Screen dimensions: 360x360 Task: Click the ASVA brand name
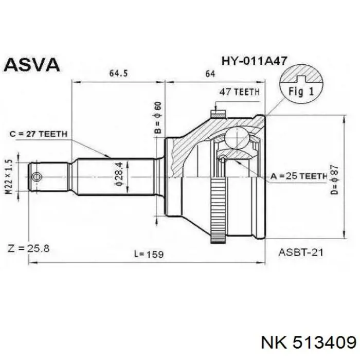click(33, 64)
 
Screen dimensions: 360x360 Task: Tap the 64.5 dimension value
click(118, 74)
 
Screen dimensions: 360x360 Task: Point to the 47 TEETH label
click(239, 92)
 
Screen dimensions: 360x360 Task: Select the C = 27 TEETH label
click(39, 134)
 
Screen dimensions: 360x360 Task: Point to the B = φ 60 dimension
click(158, 119)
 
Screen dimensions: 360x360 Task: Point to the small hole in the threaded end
click(35, 177)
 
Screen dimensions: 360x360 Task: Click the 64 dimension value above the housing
click(210, 74)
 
